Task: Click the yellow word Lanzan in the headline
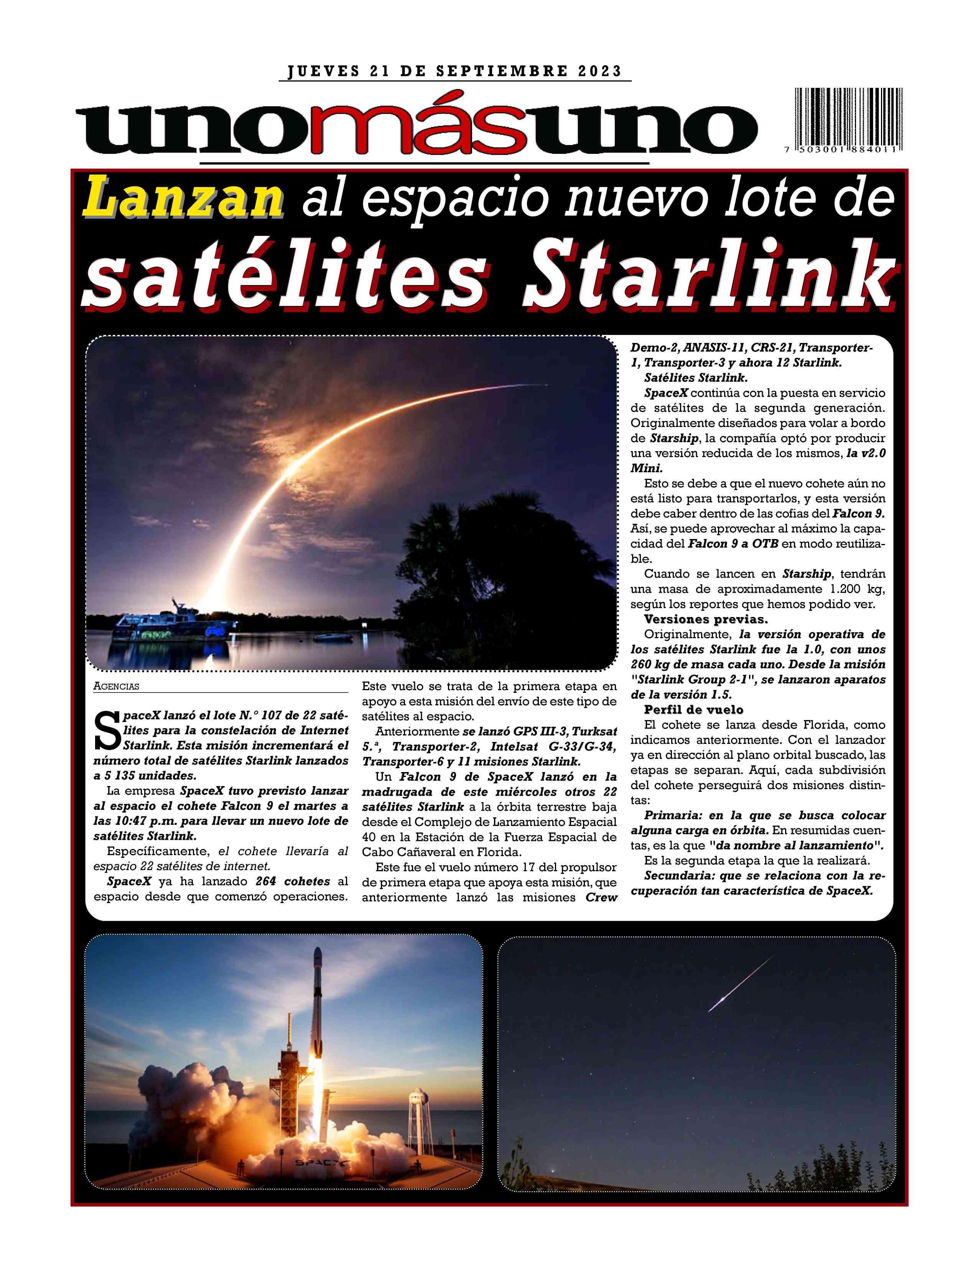[184, 199]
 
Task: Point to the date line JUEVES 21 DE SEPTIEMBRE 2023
[454, 71]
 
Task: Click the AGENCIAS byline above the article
[116, 686]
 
